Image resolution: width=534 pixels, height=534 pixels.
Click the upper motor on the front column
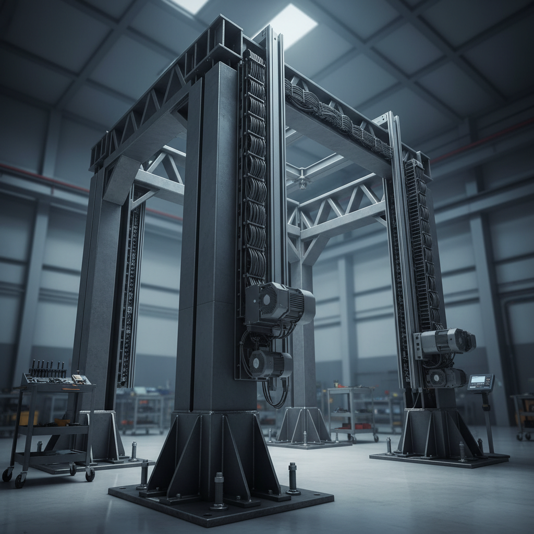point(279,304)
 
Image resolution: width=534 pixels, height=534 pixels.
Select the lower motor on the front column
point(270,363)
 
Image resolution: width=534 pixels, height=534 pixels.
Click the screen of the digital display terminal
point(480,382)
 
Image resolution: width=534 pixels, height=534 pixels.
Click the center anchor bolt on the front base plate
point(219,490)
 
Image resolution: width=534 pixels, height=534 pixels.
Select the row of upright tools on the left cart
point(48,369)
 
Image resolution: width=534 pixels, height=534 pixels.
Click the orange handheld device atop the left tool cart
point(79,379)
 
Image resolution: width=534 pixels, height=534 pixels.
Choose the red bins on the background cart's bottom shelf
point(350,430)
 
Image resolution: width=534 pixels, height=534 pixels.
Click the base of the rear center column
point(304,427)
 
